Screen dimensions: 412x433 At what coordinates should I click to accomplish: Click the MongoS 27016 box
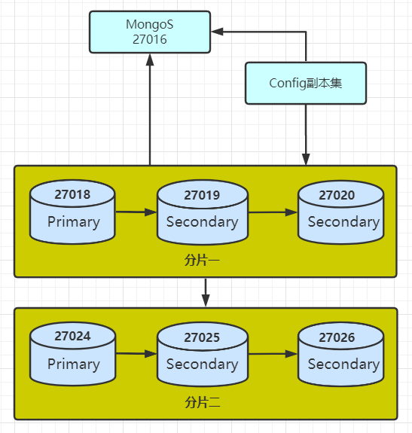pyautogui.click(x=150, y=32)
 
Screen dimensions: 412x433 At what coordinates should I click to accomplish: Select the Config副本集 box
pyautogui.click(x=306, y=83)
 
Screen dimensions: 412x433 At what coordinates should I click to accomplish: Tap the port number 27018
pyautogui.click(x=72, y=194)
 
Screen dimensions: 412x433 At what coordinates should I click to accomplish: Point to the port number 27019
pyautogui.click(x=202, y=195)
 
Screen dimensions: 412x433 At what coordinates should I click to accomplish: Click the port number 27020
pyautogui.click(x=337, y=195)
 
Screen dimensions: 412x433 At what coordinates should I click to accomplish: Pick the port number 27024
pyautogui.click(x=72, y=336)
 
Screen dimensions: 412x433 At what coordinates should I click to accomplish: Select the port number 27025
pyautogui.click(x=202, y=337)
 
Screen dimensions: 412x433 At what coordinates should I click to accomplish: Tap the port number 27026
pyautogui.click(x=337, y=337)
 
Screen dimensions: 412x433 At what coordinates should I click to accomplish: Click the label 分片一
pyautogui.click(x=202, y=260)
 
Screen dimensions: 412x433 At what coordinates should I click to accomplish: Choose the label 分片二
pyautogui.click(x=203, y=402)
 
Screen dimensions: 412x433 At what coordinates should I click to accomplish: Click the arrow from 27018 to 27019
pyautogui.click(x=136, y=212)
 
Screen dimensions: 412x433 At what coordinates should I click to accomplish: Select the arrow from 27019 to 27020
pyautogui.click(x=273, y=212)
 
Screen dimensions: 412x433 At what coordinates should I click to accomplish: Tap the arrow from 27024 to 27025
pyautogui.click(x=136, y=354)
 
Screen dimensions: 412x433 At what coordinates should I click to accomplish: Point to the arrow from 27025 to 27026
pyautogui.click(x=273, y=354)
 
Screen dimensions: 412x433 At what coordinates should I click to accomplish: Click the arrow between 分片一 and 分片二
pyautogui.click(x=206, y=292)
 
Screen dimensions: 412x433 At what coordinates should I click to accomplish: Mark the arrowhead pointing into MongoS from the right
pyautogui.click(x=217, y=32)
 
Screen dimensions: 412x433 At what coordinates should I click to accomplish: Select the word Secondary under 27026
pyautogui.click(x=343, y=364)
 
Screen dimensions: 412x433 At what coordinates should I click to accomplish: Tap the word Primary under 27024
pyautogui.click(x=74, y=364)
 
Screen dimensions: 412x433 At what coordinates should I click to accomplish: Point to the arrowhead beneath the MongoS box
pyautogui.click(x=150, y=59)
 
